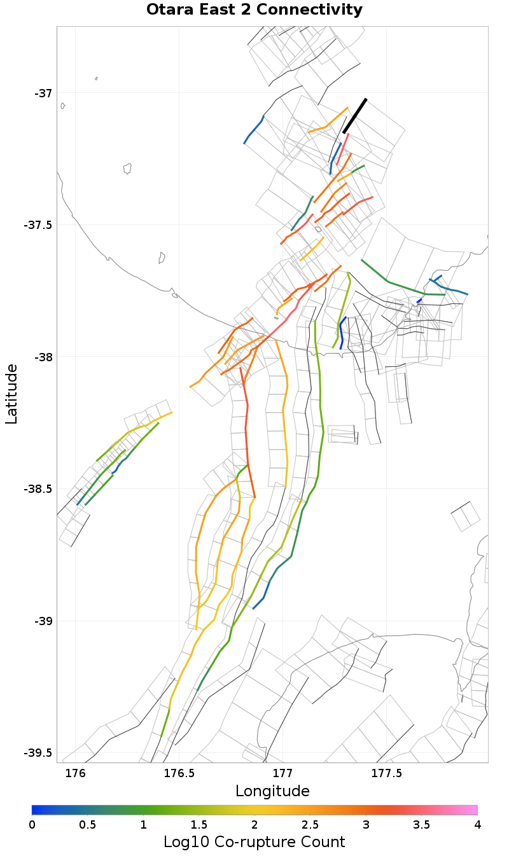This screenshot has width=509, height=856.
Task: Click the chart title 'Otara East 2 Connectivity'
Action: coord(254,10)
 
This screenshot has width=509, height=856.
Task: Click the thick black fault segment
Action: coord(355,116)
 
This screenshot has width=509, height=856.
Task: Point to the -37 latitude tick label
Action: coord(43,93)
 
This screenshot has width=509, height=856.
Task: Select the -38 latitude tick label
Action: coord(43,357)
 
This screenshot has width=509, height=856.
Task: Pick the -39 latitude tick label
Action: coord(43,621)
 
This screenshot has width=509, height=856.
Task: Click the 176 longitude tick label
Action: coord(76,774)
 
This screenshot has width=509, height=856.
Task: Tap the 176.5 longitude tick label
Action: coord(179,774)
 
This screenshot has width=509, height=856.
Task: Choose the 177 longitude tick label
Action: coord(282,774)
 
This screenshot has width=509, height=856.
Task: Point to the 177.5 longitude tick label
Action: coord(386,774)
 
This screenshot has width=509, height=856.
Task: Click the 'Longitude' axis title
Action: coord(272,791)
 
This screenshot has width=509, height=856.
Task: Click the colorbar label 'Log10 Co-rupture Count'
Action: coord(254,842)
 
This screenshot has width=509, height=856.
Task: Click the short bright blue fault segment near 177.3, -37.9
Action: coord(342,333)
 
